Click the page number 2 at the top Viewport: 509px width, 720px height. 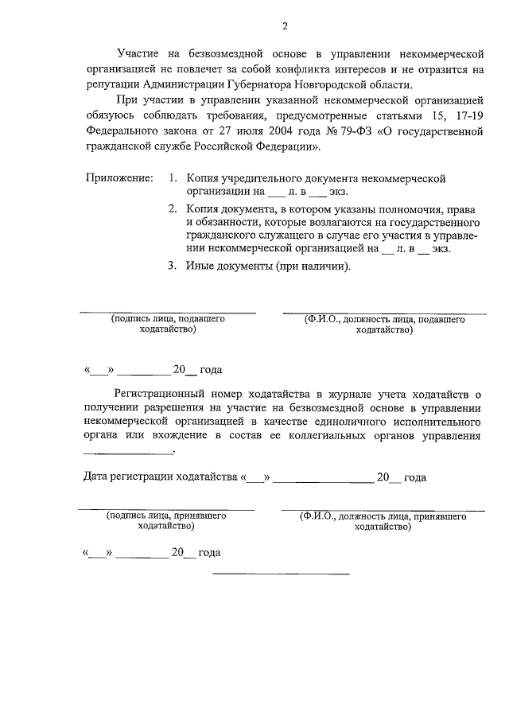[x=284, y=27]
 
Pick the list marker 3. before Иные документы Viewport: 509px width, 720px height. [x=173, y=267]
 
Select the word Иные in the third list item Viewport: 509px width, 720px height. [x=200, y=267]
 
